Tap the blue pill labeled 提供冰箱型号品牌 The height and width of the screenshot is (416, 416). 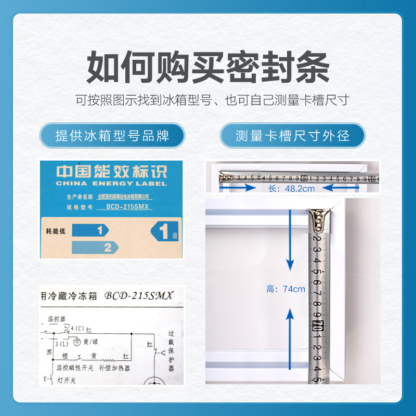tap(112, 136)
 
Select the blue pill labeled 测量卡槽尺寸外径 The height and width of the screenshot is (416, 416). tap(293, 136)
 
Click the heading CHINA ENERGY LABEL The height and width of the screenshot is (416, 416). tap(111, 183)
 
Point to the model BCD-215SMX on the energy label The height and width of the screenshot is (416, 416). tap(127, 206)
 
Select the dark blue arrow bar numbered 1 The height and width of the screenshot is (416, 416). tap(89, 230)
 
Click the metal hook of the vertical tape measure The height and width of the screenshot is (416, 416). tap(318, 219)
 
